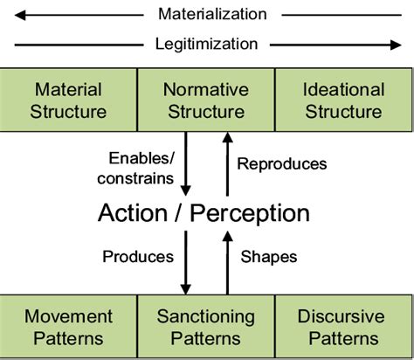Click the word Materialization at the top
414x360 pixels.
[x=212, y=14]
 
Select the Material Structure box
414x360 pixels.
[x=69, y=100]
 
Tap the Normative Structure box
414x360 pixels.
[x=206, y=100]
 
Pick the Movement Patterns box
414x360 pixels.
[x=69, y=327]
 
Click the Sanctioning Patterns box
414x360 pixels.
[x=206, y=327]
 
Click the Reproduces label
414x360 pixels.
[x=282, y=163]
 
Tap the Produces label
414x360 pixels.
[x=138, y=257]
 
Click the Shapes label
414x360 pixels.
[x=268, y=257]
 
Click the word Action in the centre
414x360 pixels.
[x=139, y=212]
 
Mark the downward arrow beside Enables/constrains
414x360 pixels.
[x=186, y=166]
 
